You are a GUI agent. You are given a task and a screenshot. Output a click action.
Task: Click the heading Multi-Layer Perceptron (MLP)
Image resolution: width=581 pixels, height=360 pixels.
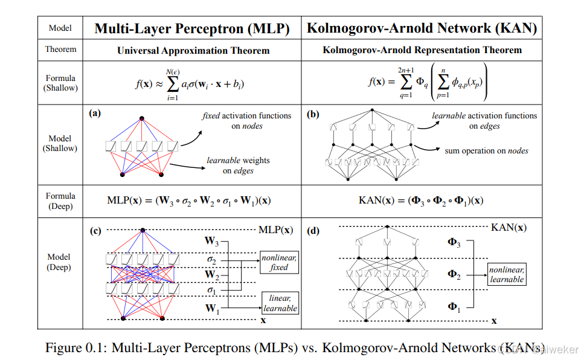pos(191,28)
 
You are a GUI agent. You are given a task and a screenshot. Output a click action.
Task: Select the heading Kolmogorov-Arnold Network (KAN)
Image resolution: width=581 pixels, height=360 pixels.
pos(422,28)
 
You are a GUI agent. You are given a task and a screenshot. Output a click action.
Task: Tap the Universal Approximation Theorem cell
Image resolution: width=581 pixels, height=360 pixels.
pos(193,50)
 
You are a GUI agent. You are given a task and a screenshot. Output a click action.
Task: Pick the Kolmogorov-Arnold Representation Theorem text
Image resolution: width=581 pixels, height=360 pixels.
pos(422,50)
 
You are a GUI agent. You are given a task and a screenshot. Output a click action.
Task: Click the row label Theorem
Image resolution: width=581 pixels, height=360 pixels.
pos(60,50)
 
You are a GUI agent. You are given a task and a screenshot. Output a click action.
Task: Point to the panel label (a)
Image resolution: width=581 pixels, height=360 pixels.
pos(95,113)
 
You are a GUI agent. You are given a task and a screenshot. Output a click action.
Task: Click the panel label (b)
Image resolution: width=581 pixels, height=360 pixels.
pos(313,113)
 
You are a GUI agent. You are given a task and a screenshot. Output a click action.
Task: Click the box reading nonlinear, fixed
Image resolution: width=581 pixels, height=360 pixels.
pos(279,262)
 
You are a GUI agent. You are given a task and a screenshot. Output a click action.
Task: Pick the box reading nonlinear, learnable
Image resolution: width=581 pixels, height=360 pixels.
pos(507,275)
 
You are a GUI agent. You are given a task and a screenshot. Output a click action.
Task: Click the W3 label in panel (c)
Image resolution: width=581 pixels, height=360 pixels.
pos(211,242)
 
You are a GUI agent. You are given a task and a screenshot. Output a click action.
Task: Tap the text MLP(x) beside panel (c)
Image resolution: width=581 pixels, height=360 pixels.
pos(275,230)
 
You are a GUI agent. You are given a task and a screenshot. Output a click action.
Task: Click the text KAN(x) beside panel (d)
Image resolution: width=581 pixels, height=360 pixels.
pos(508,228)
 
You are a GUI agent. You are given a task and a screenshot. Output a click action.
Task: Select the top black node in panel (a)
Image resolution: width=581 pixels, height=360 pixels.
pos(142,118)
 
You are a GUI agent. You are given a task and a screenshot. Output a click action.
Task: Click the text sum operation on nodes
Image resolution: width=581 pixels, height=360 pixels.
pos(486,150)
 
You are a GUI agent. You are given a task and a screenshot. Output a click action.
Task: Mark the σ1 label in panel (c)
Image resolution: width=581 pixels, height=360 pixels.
pos(211,291)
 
